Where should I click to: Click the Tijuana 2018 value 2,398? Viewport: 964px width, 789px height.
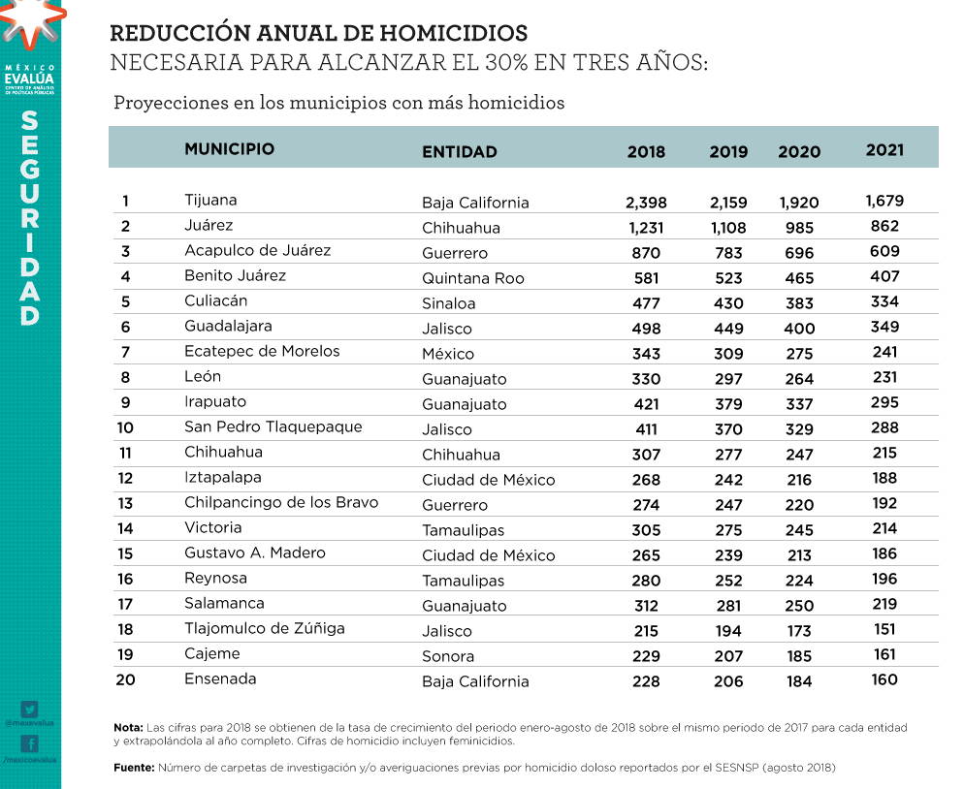click(646, 203)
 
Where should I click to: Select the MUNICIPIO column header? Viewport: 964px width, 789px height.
click(229, 149)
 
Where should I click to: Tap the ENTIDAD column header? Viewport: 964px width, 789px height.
click(460, 151)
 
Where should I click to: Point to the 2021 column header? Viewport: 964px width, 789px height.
click(884, 149)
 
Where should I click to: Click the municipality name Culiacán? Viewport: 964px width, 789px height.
click(215, 300)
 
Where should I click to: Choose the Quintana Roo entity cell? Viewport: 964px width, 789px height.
click(472, 278)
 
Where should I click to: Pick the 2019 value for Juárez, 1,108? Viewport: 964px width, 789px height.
click(728, 228)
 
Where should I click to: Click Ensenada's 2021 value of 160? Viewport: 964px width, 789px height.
click(884, 679)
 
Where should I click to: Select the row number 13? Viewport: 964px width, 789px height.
click(125, 503)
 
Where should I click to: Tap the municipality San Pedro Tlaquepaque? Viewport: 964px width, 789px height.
click(273, 426)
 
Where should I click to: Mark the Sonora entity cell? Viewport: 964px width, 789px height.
click(447, 656)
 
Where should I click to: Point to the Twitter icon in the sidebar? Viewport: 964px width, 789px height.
click(29, 709)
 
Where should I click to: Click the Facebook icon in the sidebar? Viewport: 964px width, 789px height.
click(29, 744)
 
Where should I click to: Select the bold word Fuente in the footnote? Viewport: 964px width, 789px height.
click(134, 768)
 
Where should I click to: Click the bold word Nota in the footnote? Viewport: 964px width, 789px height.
click(128, 727)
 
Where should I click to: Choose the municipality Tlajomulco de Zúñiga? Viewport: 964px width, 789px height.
click(264, 628)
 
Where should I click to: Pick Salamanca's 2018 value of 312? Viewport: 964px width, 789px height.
click(646, 606)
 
